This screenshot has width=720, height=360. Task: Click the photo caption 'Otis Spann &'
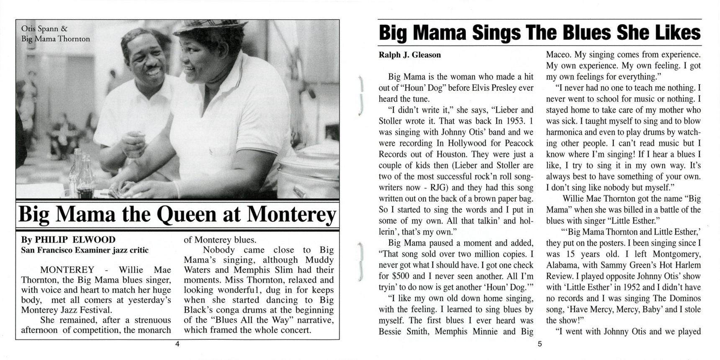44,29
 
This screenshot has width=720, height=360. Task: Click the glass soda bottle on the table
86,178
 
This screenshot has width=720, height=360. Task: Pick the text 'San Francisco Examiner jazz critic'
85,250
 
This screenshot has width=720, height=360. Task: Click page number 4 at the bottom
177,344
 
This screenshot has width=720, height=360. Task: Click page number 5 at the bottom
540,344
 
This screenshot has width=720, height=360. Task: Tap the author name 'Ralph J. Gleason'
409,55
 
